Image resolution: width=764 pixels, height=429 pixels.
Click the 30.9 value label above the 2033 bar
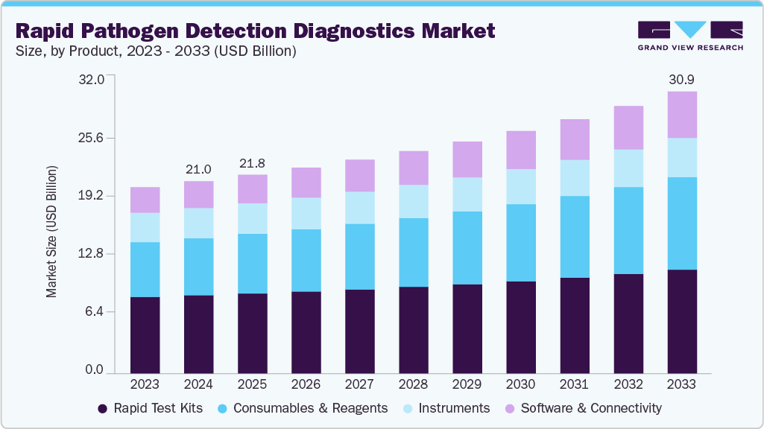pyautogui.click(x=681, y=79)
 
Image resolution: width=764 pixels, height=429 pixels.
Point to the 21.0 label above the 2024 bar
pyautogui.click(x=199, y=169)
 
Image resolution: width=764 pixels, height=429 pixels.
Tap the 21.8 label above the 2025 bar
pyautogui.click(x=253, y=163)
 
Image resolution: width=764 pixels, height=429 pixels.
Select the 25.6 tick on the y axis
pyautogui.click(x=92, y=138)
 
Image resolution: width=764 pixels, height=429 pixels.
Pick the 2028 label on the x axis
pyautogui.click(x=414, y=384)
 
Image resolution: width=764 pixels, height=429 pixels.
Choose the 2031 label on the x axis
pyautogui.click(x=575, y=384)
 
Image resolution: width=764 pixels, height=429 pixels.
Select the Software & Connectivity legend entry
pyautogui.click(x=583, y=408)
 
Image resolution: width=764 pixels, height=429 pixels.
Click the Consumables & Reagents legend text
pyautogui.click(x=310, y=408)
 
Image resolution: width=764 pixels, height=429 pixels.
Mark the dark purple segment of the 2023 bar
pyautogui.click(x=145, y=334)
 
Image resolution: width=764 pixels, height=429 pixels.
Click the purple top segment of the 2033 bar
pyautogui.click(x=682, y=115)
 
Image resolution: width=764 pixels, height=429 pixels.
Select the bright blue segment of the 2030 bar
pyautogui.click(x=521, y=243)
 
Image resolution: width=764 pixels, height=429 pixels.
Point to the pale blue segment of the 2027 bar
pyautogui.click(x=360, y=208)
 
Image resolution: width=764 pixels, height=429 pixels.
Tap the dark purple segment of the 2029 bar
pyautogui.click(x=467, y=328)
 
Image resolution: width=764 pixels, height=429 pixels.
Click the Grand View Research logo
pyautogui.click(x=690, y=36)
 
